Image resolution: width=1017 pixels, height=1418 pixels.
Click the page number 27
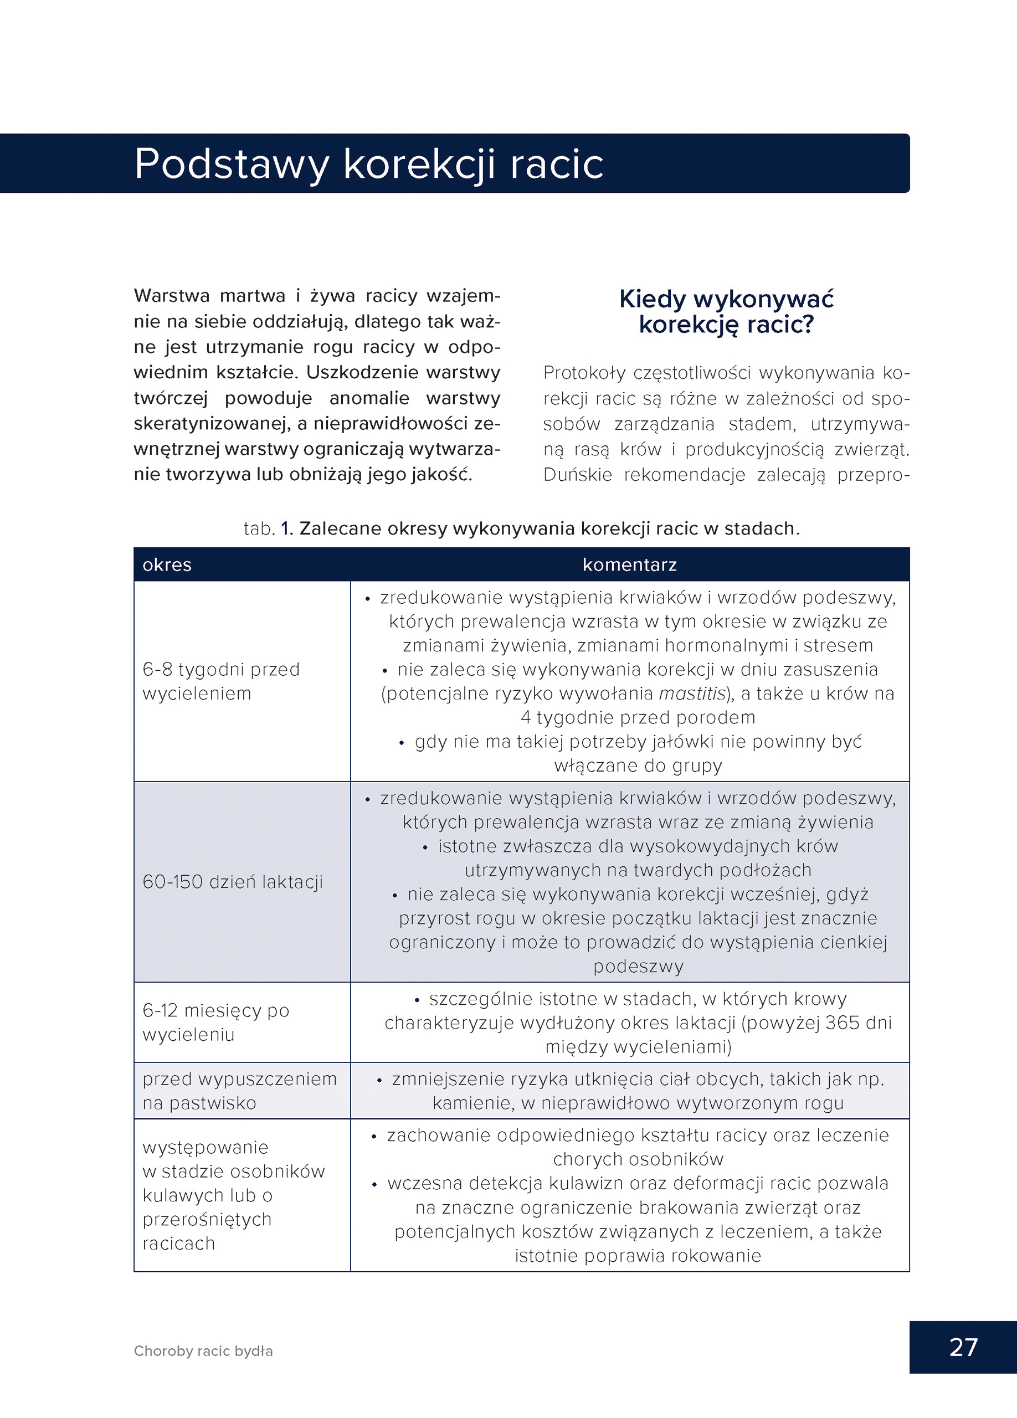[x=963, y=1347]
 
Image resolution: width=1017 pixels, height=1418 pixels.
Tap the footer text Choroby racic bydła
[x=203, y=1351]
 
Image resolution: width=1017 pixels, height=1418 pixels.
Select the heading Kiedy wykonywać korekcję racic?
[x=726, y=311]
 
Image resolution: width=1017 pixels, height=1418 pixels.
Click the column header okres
[x=167, y=564]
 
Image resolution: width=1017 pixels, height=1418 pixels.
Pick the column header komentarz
[x=629, y=564]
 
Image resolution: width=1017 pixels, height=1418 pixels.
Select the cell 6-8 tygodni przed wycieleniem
[x=220, y=681]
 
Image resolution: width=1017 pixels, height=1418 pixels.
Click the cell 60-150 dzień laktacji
[x=233, y=882]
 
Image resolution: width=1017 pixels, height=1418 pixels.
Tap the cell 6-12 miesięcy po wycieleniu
[x=215, y=1023]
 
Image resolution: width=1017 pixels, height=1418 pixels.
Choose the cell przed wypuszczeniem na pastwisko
[x=239, y=1091]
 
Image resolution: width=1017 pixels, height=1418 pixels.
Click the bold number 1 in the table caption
[x=285, y=529]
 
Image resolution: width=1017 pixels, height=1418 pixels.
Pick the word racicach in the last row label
[x=178, y=1244]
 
